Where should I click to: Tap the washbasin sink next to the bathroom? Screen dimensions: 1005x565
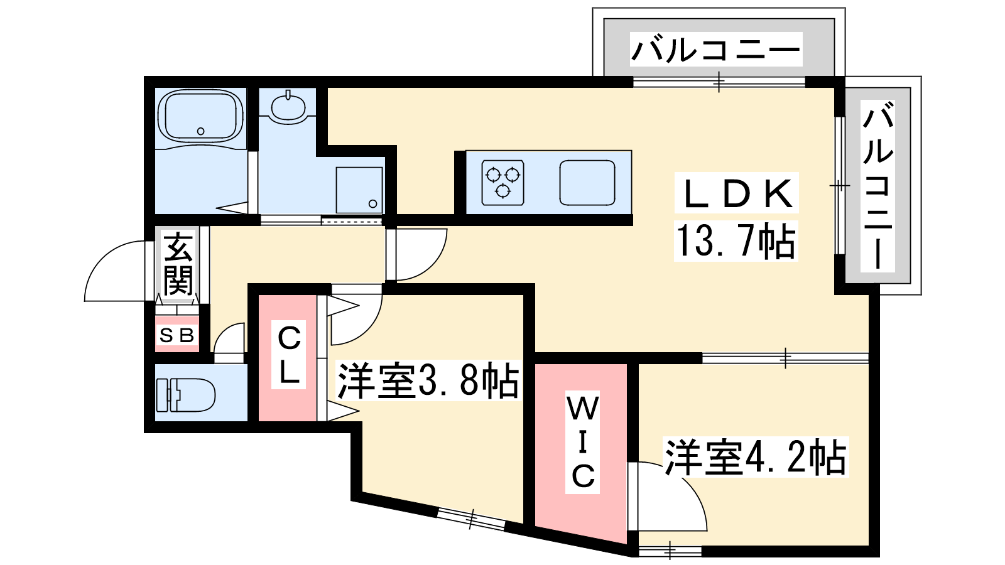click(x=288, y=107)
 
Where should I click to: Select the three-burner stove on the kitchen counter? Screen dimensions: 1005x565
click(x=503, y=183)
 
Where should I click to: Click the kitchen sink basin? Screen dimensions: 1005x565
click(x=587, y=183)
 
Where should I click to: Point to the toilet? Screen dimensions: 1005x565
click(x=185, y=395)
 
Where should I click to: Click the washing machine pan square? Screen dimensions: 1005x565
click(x=359, y=190)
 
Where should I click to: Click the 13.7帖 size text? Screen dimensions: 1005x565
click(x=736, y=241)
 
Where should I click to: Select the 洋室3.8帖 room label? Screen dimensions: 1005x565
click(x=428, y=380)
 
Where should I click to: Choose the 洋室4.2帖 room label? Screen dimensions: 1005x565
click(x=756, y=457)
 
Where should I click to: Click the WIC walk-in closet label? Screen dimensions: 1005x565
click(x=582, y=442)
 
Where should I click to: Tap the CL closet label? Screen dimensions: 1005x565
click(x=289, y=355)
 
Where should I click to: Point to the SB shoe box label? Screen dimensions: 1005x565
click(x=177, y=335)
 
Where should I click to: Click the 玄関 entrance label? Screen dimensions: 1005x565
click(x=178, y=264)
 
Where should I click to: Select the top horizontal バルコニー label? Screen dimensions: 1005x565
click(x=716, y=50)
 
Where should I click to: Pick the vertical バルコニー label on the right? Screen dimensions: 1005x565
click(x=878, y=186)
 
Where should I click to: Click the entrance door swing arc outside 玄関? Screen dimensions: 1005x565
click(x=115, y=271)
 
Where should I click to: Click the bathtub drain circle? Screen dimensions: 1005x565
click(x=200, y=131)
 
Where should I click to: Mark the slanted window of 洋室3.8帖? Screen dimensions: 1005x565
click(x=471, y=519)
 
